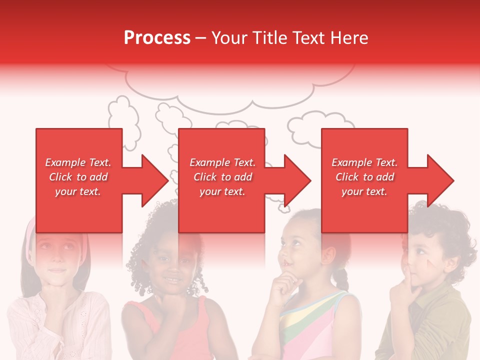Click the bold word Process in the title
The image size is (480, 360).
point(157,37)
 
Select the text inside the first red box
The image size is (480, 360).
point(78,177)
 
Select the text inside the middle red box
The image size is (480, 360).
point(222,177)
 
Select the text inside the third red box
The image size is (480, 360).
point(364,177)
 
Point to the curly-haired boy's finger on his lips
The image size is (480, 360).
point(411,274)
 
